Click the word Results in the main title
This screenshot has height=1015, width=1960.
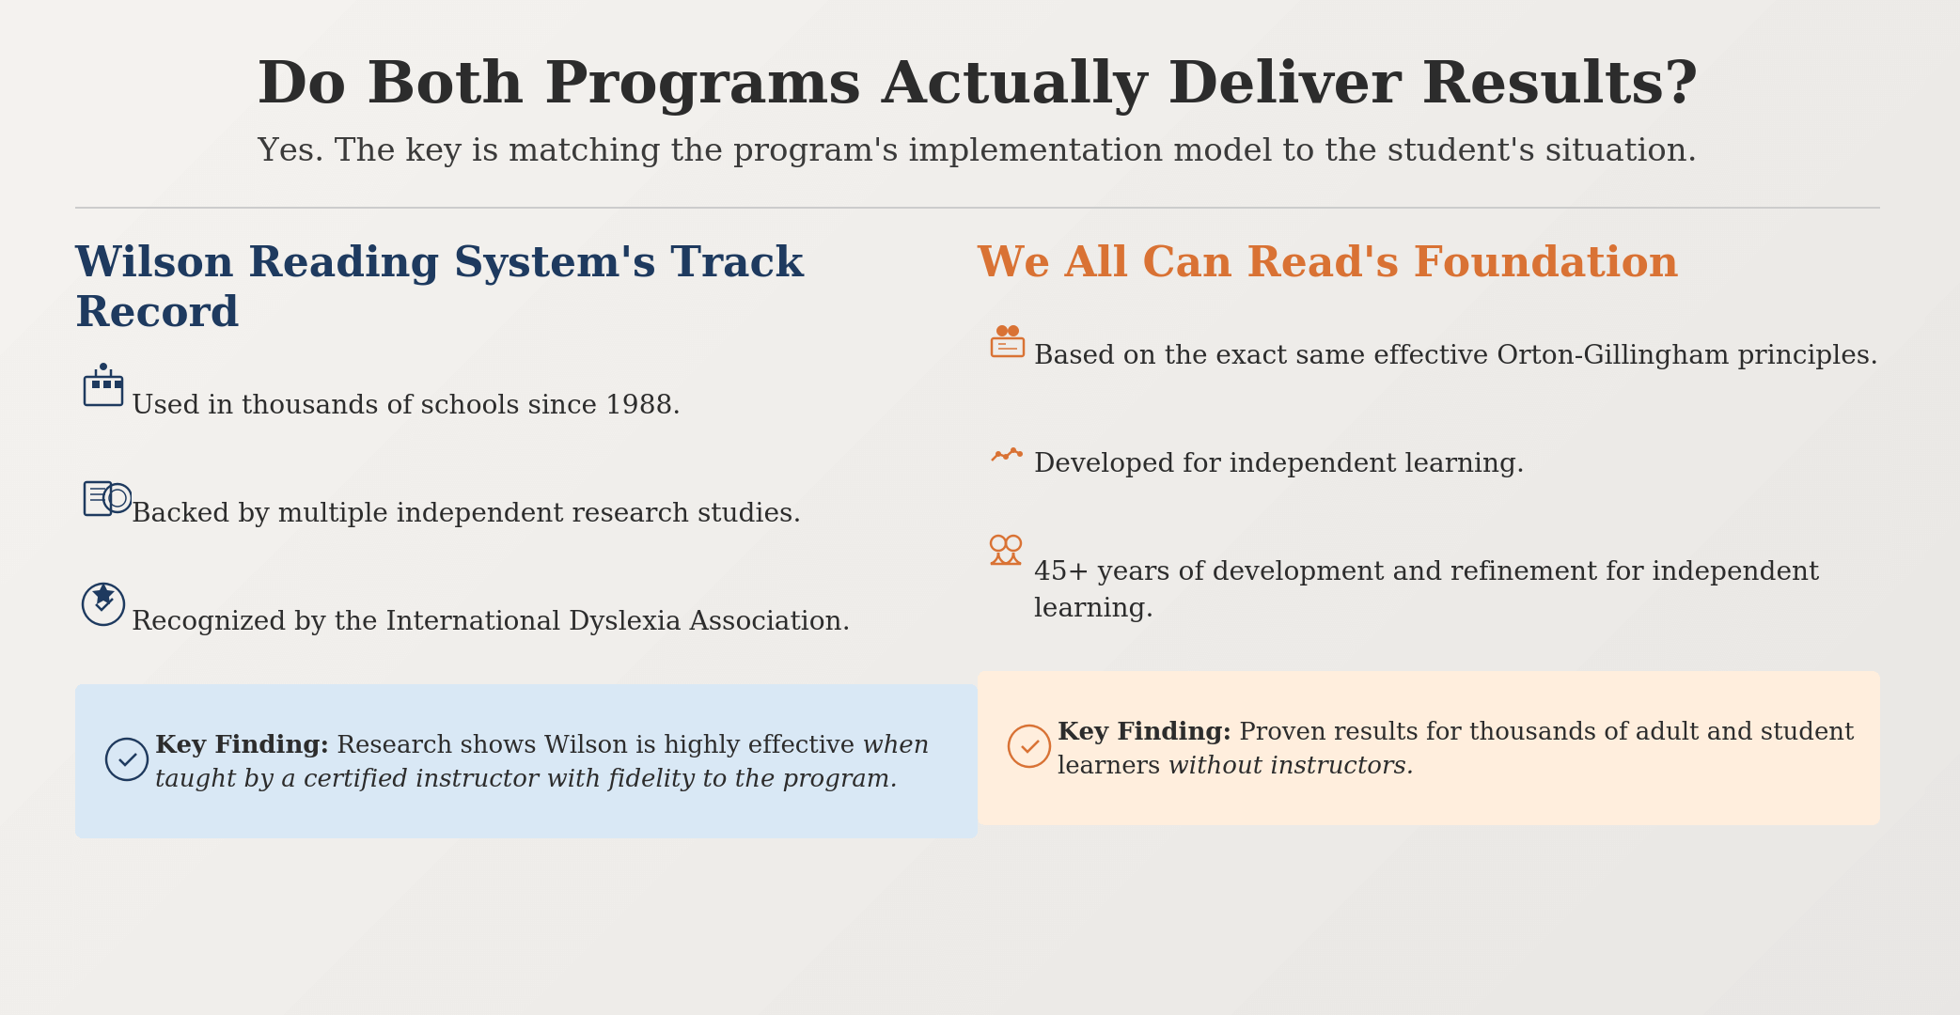click(1560, 85)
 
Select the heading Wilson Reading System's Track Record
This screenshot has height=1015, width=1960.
click(439, 288)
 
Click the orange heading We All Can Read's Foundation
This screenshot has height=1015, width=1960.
click(1327, 263)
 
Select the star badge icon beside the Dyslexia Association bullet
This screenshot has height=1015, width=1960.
click(103, 604)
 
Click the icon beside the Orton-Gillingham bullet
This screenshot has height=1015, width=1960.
click(1008, 341)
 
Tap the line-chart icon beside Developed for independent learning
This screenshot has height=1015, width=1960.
click(1007, 455)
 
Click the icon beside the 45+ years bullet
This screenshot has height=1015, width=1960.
click(1006, 550)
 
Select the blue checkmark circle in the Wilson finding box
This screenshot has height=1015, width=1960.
click(127, 759)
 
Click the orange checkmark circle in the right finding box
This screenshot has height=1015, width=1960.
click(1029, 746)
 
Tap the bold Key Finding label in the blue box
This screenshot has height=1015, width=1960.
click(242, 745)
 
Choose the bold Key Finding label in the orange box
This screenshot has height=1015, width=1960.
click(1144, 732)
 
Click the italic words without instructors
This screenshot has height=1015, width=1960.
click(1291, 766)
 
